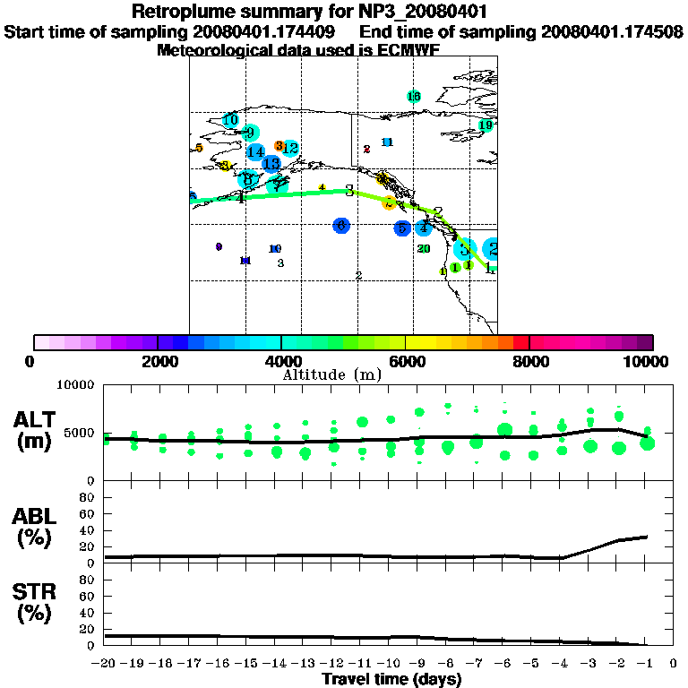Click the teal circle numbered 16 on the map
(414, 97)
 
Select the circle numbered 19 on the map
(486, 125)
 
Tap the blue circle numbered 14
(255, 152)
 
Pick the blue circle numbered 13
(271, 164)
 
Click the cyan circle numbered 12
(290, 148)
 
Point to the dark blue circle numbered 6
(341, 226)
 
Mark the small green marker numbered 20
(424, 249)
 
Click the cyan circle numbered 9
(251, 133)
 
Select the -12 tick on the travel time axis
(333, 664)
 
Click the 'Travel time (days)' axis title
(391, 679)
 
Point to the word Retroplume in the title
(185, 12)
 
